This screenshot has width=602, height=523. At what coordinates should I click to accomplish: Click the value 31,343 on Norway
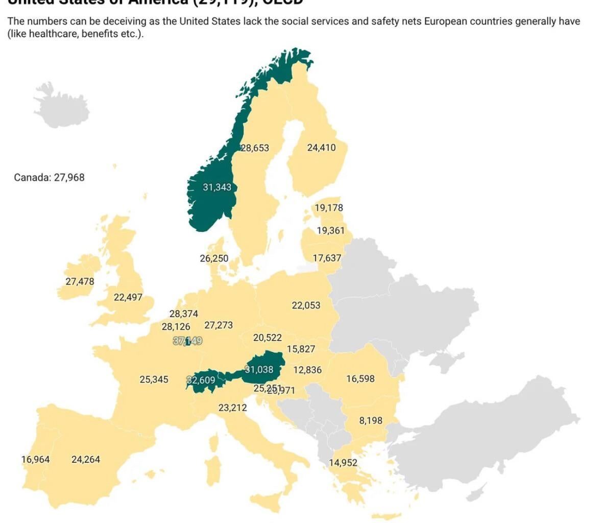click(x=217, y=187)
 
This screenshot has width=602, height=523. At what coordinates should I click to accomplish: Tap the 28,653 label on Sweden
click(x=255, y=148)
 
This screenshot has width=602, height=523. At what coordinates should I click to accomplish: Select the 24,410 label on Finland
click(x=321, y=148)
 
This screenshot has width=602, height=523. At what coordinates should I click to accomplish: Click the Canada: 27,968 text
click(x=49, y=178)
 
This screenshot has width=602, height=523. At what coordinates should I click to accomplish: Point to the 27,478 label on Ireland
click(x=80, y=281)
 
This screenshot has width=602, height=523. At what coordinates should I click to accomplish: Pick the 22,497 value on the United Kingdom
click(x=128, y=297)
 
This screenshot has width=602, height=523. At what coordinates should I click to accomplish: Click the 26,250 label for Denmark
click(x=214, y=258)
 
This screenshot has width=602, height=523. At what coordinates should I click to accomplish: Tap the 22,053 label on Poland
click(x=306, y=305)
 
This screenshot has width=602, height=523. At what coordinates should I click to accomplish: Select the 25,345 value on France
click(x=154, y=379)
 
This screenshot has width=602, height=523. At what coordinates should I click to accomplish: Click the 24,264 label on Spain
click(x=86, y=459)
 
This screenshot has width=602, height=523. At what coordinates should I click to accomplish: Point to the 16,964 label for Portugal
click(x=36, y=459)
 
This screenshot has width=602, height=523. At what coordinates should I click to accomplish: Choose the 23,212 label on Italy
click(x=232, y=408)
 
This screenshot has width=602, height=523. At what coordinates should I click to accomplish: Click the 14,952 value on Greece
click(x=343, y=463)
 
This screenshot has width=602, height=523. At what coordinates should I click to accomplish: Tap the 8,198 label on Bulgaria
click(x=371, y=420)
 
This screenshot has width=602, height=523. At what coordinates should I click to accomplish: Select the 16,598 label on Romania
click(x=360, y=378)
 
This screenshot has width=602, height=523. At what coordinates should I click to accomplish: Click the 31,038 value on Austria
click(x=259, y=369)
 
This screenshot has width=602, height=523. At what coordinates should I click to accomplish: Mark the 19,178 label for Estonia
click(x=329, y=208)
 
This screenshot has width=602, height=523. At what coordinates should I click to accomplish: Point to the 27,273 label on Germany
click(x=219, y=325)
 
